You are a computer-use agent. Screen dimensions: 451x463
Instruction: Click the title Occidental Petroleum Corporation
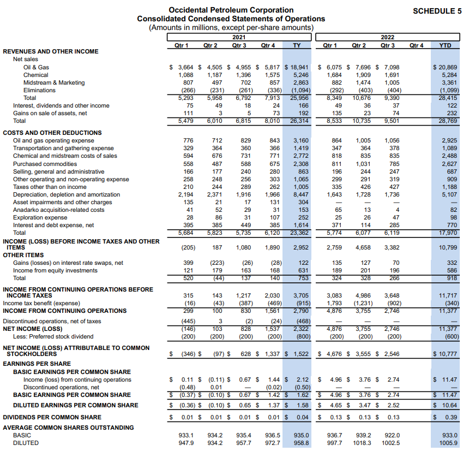pos(231,10)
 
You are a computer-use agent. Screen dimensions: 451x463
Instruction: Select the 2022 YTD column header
pos(445,45)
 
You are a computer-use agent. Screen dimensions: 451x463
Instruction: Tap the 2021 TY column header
pos(297,45)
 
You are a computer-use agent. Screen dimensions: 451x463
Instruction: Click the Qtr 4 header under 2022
pos(416,45)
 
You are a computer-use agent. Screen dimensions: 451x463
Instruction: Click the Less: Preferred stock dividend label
pos(53,336)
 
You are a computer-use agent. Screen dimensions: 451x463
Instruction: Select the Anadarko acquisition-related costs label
pos(58,210)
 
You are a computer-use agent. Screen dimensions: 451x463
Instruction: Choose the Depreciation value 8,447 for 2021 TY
pos(300,194)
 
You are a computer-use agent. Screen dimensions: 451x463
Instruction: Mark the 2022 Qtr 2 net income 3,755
pos(363,329)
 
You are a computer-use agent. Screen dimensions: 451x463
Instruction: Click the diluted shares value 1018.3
pos(362,443)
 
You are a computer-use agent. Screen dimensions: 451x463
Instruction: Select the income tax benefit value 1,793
pos(334,303)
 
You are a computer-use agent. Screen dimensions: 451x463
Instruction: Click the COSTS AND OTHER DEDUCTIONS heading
pos(52,133)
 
